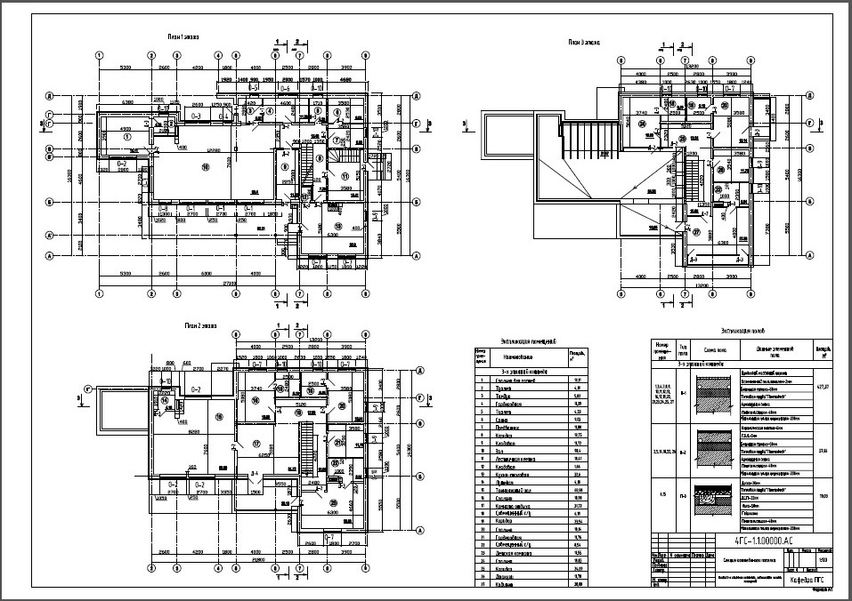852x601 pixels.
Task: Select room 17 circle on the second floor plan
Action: pyautogui.click(x=256, y=442)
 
